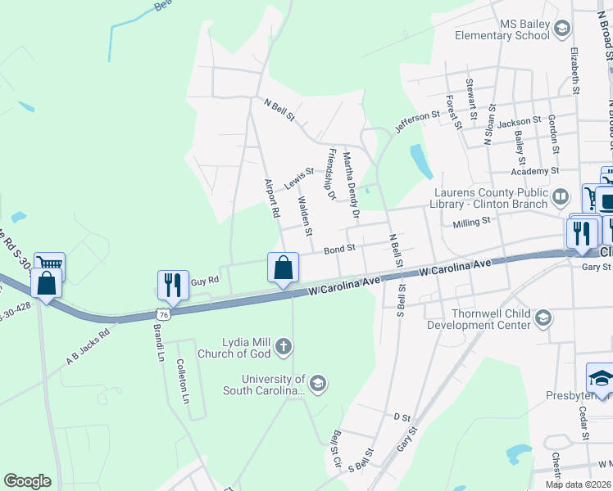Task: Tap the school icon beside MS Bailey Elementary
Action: (x=562, y=30)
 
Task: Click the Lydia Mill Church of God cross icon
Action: (x=283, y=347)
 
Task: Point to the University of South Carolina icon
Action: (x=318, y=383)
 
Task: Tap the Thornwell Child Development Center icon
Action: (x=543, y=318)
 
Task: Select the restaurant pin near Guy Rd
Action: (x=173, y=285)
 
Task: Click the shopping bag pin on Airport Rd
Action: (x=283, y=268)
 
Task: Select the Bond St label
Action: (x=339, y=248)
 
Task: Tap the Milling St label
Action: (x=471, y=221)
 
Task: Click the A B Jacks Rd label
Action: (x=88, y=346)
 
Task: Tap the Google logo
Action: (x=27, y=480)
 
